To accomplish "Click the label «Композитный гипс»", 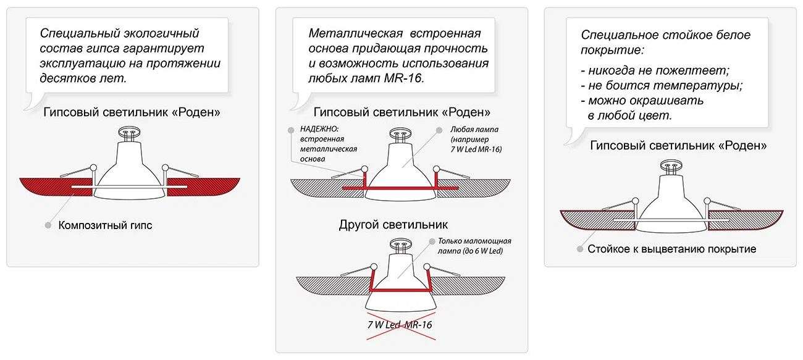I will (x=105, y=225).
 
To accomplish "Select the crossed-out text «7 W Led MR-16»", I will (x=401, y=325).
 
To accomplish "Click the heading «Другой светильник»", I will (x=393, y=224).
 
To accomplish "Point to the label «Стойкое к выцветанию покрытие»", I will (x=672, y=249).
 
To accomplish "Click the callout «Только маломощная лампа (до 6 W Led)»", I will (x=474, y=246).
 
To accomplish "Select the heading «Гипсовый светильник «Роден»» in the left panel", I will (x=132, y=113).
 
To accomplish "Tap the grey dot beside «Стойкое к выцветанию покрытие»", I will (x=579, y=249).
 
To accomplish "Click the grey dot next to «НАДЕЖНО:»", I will (x=290, y=130).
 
